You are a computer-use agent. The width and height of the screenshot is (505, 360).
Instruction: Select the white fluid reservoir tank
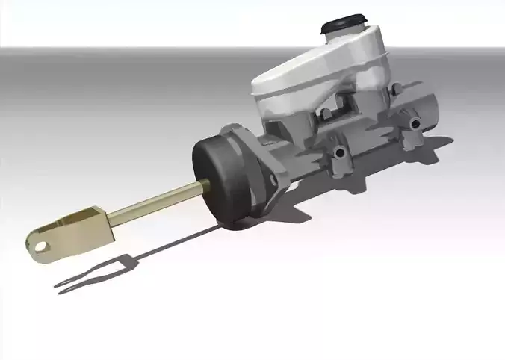(x=321, y=75)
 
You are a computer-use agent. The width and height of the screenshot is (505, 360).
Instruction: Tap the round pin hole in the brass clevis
(x=39, y=242)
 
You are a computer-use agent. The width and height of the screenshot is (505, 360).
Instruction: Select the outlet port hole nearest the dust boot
(x=341, y=154)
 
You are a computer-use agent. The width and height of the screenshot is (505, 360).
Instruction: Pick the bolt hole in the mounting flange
(x=273, y=180)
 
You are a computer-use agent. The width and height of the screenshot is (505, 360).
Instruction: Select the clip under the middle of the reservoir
(x=324, y=114)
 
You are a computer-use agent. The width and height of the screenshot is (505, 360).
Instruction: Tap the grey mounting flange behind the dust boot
(x=261, y=161)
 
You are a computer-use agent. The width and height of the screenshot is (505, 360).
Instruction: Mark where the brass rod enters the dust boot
(x=202, y=187)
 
